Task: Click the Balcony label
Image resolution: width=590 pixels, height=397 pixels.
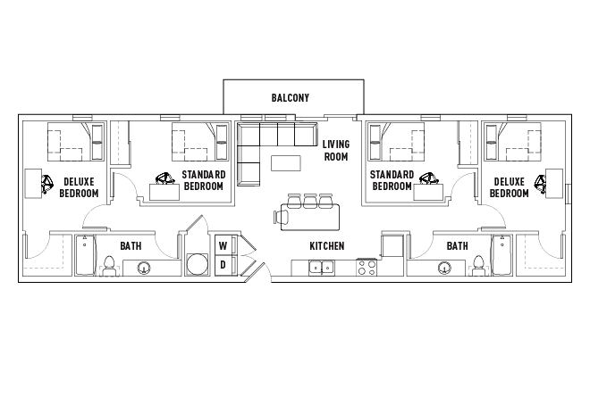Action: [x=291, y=97]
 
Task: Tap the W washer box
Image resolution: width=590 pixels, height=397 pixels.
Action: [x=223, y=245]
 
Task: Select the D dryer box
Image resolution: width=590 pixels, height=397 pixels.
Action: [x=223, y=265]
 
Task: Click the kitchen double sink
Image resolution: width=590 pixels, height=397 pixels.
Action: [x=322, y=268]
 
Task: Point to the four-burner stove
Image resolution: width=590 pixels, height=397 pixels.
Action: [x=367, y=268]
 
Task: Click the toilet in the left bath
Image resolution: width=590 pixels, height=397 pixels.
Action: [x=109, y=266]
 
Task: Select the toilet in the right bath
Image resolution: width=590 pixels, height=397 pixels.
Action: [x=478, y=266]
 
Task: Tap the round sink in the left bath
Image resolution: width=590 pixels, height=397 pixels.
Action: [x=144, y=269]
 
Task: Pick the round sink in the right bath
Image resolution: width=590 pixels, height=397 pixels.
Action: [x=445, y=269]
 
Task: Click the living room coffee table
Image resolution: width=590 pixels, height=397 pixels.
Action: [x=286, y=163]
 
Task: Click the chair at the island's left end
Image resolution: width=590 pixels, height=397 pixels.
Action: [x=282, y=217]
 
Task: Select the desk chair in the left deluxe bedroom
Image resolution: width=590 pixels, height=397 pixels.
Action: [x=47, y=184]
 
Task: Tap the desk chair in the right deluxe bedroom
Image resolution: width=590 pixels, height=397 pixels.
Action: [x=540, y=184]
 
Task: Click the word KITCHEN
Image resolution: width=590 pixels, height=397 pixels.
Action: [x=326, y=246]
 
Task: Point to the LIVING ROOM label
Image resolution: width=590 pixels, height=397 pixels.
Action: [x=336, y=150]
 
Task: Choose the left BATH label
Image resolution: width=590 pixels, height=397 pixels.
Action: [x=131, y=246]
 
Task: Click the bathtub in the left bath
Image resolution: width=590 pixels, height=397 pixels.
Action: [x=85, y=255]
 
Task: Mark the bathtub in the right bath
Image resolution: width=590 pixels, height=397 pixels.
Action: [x=502, y=255]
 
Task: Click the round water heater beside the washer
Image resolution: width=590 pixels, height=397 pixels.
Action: [x=198, y=264]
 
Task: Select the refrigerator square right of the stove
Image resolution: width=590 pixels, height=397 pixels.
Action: [x=392, y=245]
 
